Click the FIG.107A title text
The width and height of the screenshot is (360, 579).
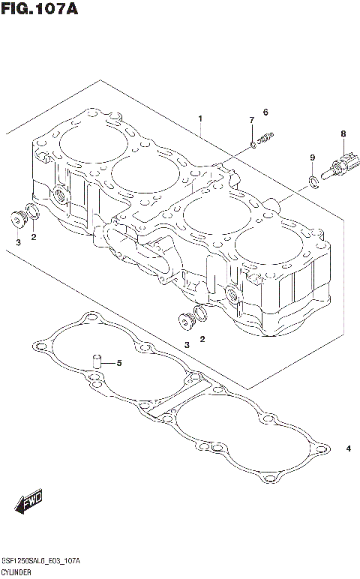[40, 10]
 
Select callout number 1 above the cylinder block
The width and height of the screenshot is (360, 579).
[200, 119]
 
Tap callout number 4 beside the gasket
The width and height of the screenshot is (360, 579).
[348, 449]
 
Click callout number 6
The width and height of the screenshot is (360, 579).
[265, 112]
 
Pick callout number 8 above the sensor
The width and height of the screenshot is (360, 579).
[343, 134]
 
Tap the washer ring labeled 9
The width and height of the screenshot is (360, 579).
[311, 179]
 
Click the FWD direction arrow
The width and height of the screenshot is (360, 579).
[28, 502]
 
